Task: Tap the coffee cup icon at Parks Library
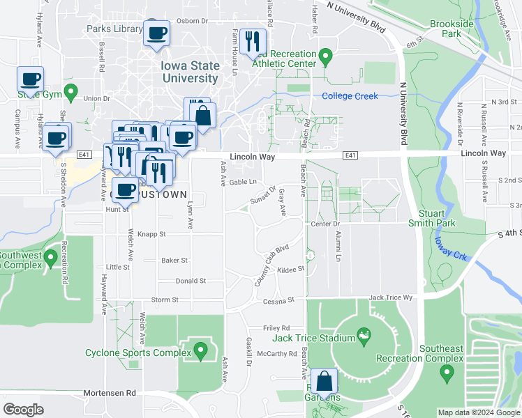(x=156, y=33)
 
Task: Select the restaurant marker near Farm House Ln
(x=251, y=40)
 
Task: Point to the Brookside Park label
(x=452, y=29)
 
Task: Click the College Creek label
(x=350, y=96)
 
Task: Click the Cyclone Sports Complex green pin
(x=201, y=348)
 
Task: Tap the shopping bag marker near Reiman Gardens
(x=325, y=381)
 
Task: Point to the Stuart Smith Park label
(x=437, y=217)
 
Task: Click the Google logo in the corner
(x=23, y=410)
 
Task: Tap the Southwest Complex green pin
(x=50, y=259)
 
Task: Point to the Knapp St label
(x=151, y=235)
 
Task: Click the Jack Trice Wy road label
(x=391, y=297)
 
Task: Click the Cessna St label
(x=279, y=300)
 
